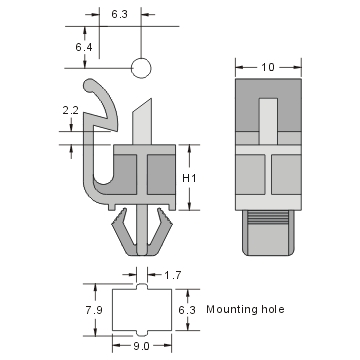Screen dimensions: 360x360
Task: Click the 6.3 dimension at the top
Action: [x=119, y=15]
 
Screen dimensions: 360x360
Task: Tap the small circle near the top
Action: [x=141, y=68]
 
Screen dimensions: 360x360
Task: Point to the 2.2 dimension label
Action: [x=70, y=110]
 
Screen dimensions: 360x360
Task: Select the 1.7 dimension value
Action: [x=172, y=273]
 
